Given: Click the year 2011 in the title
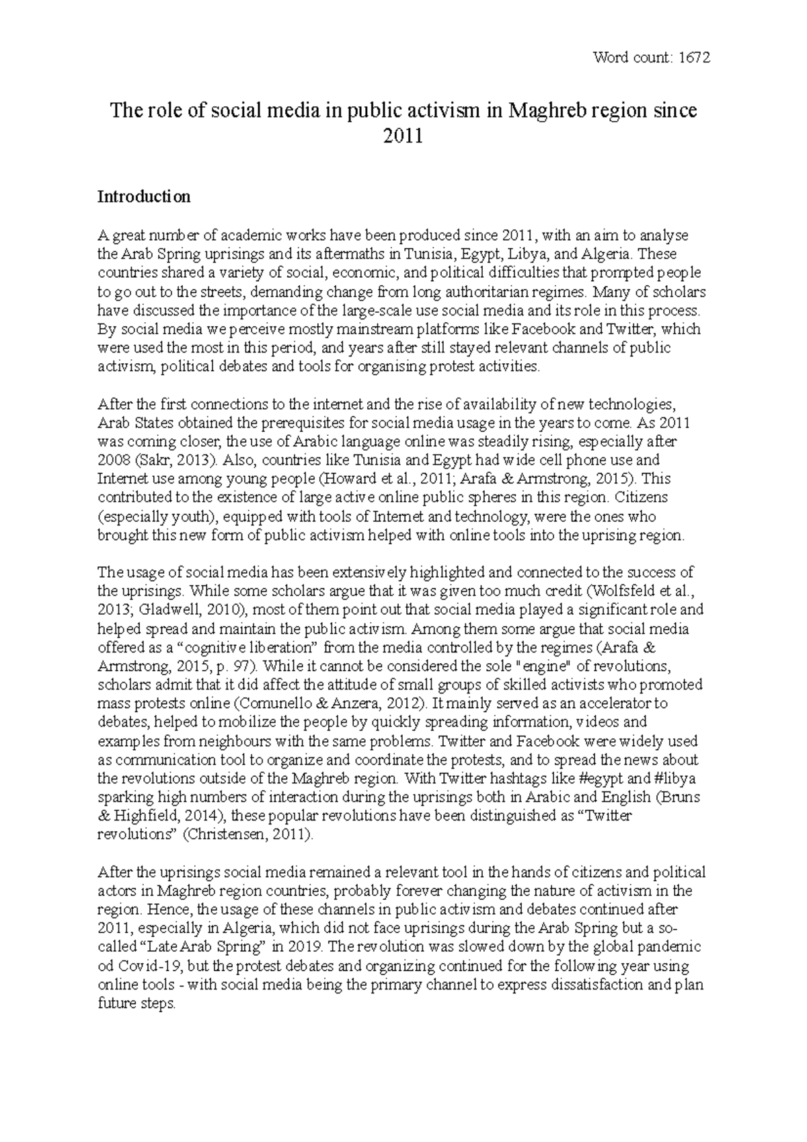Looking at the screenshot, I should click(x=403, y=136).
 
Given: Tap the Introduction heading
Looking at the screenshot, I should click(x=144, y=197).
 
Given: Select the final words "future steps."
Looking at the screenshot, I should click(x=137, y=1003).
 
